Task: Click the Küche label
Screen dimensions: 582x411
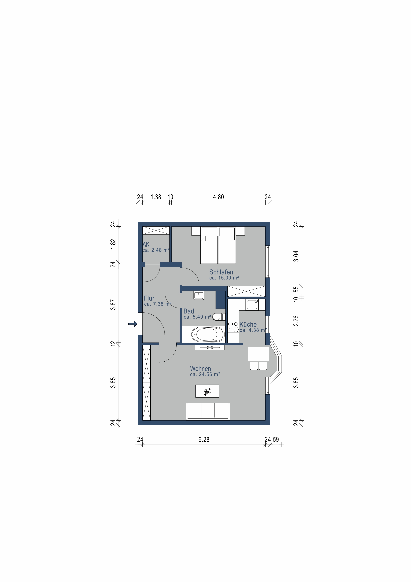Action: click(248, 324)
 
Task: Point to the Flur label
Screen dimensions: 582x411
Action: click(149, 298)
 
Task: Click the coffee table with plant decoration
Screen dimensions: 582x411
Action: click(207, 391)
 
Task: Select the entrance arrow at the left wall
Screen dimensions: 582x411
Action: click(132, 324)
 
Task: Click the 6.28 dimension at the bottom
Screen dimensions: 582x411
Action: click(204, 440)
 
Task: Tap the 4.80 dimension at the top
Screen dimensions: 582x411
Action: click(218, 197)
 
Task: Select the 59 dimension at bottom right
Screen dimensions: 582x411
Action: click(276, 440)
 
